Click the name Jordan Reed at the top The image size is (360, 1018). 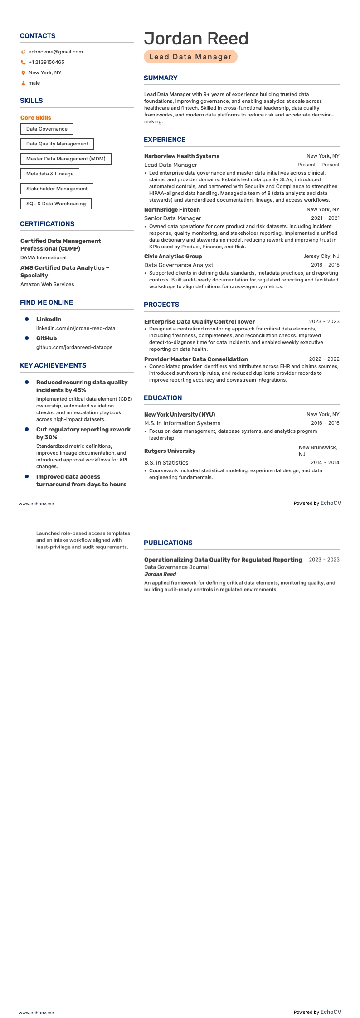(196, 39)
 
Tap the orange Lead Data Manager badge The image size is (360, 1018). (190, 57)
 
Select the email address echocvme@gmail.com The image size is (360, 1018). (55, 52)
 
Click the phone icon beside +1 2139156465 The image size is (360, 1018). (23, 63)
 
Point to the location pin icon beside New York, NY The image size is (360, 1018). (23, 73)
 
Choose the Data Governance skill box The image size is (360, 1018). (47, 129)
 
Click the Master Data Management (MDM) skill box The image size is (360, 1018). (66, 159)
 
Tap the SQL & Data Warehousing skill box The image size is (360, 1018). (56, 204)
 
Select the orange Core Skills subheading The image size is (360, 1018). (36, 117)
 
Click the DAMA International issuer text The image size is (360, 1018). (44, 257)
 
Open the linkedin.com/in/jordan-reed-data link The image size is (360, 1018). (76, 328)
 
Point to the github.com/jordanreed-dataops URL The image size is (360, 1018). (74, 347)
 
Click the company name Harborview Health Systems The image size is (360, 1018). (182, 156)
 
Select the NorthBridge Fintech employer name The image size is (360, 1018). (172, 210)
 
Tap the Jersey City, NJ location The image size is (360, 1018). (321, 256)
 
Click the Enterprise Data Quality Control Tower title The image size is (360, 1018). (199, 322)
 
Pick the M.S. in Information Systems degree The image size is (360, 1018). (182, 423)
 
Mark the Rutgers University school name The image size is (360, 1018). (170, 451)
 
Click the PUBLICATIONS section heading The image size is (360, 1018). (168, 543)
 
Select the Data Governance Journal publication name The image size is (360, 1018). (176, 567)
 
